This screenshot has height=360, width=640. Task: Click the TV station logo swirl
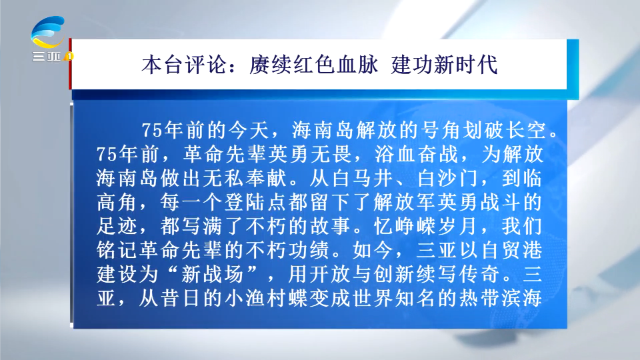point(48,31)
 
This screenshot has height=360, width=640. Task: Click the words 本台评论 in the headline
point(184,65)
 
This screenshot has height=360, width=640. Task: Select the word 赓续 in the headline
point(269,65)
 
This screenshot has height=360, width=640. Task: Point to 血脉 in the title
point(357,65)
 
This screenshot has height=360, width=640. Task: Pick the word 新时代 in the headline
point(466,65)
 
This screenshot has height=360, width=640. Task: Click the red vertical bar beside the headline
point(70,64)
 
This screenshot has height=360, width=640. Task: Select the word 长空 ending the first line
point(526,131)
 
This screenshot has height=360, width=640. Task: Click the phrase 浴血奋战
point(417,154)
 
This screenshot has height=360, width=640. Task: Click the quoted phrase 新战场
point(213,274)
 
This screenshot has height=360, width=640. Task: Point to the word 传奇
point(479,274)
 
